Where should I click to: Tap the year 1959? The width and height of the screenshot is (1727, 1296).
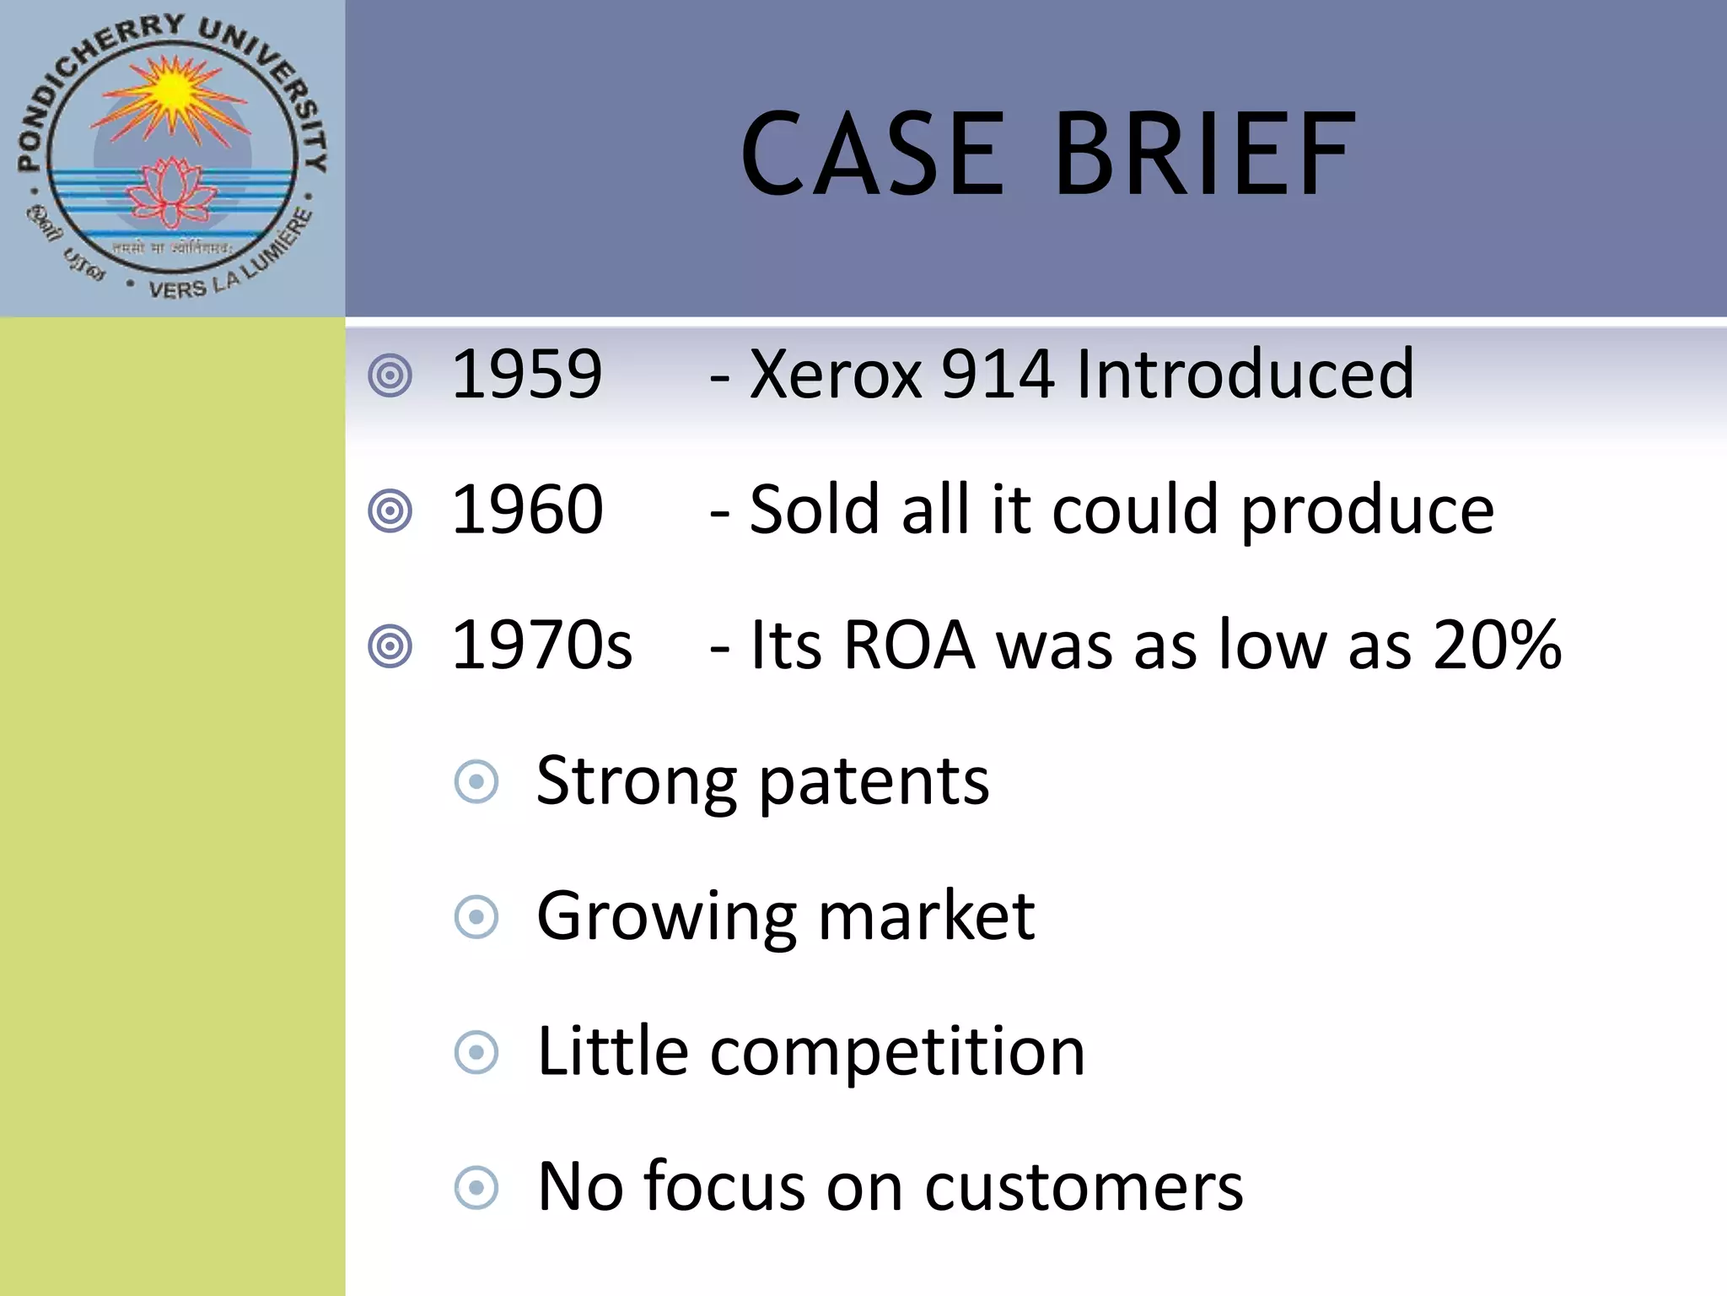click(527, 374)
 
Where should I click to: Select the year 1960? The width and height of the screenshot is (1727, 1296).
click(527, 510)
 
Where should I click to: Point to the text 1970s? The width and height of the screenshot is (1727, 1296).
click(541, 645)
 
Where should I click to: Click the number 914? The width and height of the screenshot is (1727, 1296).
click(998, 374)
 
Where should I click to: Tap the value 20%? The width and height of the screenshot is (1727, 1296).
click(1497, 645)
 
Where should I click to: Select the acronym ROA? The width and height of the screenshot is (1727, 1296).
click(909, 645)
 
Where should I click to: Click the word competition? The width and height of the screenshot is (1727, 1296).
click(897, 1053)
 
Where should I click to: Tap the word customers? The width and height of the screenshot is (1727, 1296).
click(1084, 1188)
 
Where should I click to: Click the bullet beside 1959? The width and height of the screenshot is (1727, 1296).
click(390, 375)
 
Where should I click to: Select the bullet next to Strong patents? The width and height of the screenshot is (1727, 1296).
click(476, 782)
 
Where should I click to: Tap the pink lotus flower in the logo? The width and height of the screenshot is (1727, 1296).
click(172, 192)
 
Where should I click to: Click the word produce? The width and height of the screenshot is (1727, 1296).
click(1367, 511)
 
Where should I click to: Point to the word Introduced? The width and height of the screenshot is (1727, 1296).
click(1245, 374)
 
